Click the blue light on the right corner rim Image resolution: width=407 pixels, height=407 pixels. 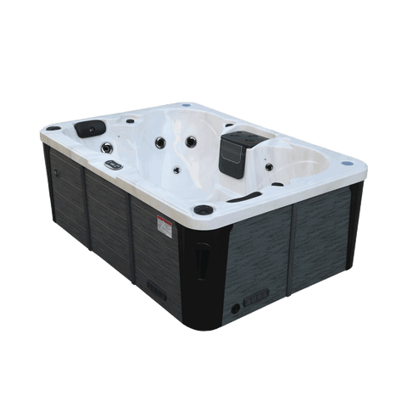(348, 160)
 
